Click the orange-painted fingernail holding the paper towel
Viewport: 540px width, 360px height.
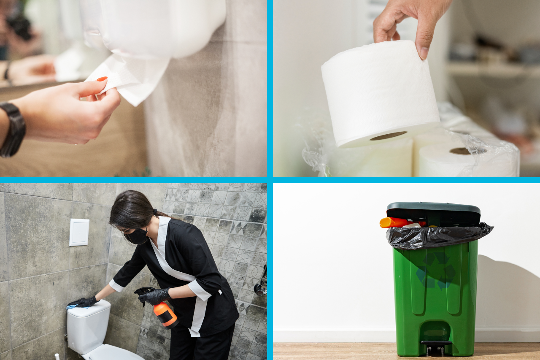101,79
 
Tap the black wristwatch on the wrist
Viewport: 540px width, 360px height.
12,130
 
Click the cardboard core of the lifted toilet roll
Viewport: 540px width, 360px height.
388,135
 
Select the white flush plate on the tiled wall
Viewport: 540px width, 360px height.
79,232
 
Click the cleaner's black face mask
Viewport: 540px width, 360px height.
137,236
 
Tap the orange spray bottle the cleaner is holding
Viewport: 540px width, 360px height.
165,315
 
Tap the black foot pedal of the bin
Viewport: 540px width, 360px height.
436,344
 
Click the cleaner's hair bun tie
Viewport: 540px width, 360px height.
155,212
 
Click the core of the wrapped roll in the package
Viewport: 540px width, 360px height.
460,151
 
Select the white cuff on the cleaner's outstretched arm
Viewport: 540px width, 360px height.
116,286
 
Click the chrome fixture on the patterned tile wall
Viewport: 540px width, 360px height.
262,283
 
